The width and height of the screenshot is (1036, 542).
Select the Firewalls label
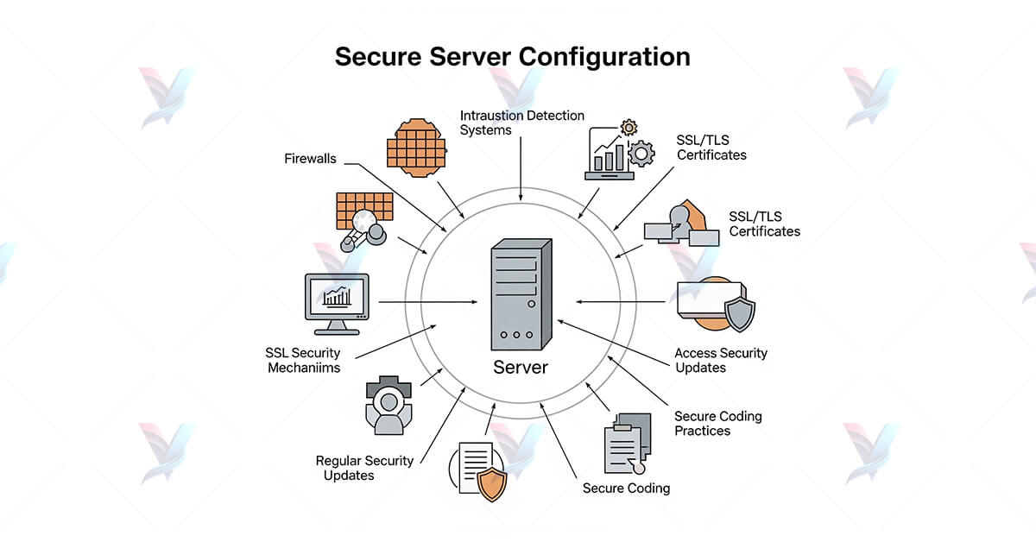click(310, 159)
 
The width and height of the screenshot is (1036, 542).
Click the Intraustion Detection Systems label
click(521, 123)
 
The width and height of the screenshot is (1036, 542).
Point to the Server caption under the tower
click(521, 368)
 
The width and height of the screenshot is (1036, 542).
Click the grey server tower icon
click(521, 294)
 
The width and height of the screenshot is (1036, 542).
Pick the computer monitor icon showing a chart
click(337, 302)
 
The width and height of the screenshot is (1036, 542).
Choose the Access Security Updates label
click(720, 360)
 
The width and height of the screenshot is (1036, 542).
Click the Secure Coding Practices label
click(717, 423)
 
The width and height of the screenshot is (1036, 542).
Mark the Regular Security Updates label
click(363, 468)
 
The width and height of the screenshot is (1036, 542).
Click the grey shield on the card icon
click(739, 314)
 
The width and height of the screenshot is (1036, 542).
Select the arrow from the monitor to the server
click(427, 302)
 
